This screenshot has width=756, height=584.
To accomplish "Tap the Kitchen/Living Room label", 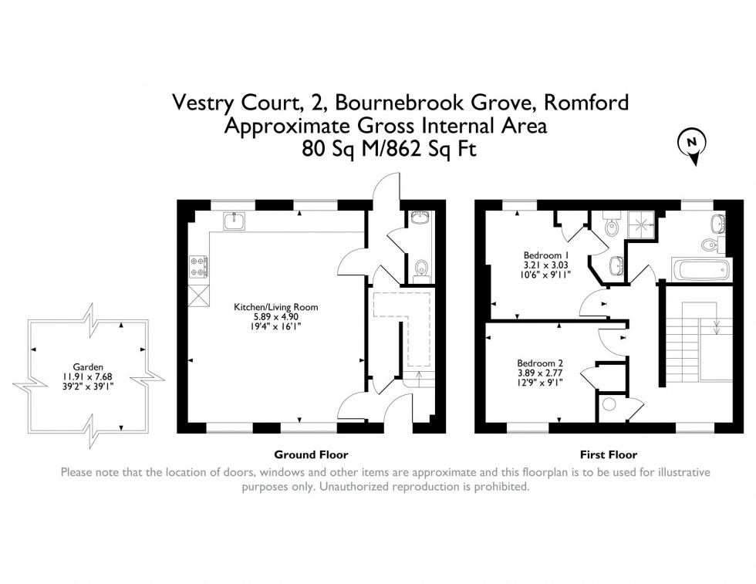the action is coord(276,307).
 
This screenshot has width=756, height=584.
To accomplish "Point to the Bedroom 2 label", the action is coord(540,363).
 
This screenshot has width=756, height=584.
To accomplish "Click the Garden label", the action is coord(88,367).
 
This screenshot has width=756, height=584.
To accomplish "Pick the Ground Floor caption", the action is coord(311,454).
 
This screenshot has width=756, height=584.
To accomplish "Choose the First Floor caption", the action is coord(609,454).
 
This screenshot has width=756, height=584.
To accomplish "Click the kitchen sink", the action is coord(235,221).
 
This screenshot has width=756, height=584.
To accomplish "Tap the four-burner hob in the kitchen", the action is coord(199,267).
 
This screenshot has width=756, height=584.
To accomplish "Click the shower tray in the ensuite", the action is coord(641,224).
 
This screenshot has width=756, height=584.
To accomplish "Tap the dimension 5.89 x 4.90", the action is coord(276,317).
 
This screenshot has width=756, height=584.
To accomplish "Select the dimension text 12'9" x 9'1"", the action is coord(540,383).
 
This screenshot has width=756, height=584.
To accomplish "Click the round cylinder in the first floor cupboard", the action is coord(609,404).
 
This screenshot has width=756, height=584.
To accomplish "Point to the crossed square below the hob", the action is coord(199,295).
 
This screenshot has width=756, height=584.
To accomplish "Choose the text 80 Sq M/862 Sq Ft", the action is coord(389,148).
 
